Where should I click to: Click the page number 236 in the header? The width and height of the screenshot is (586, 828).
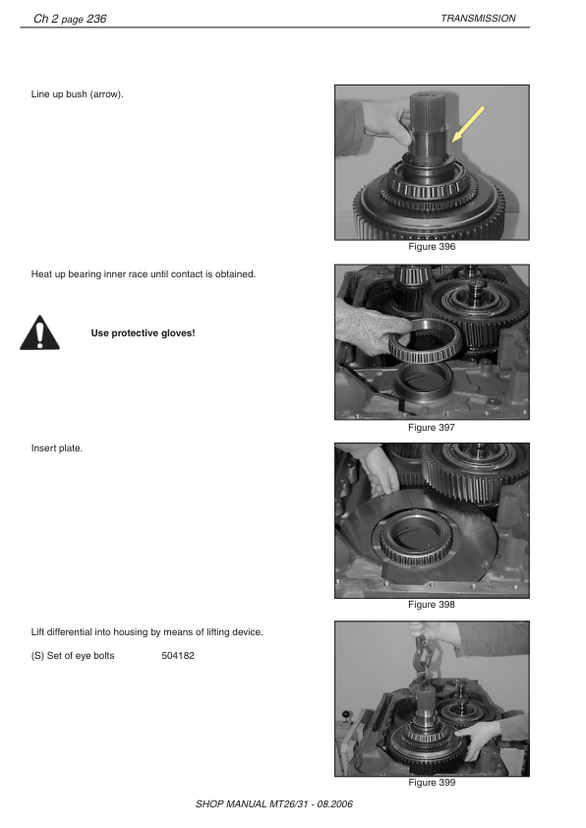point(96,18)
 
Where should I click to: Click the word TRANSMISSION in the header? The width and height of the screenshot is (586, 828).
point(478,18)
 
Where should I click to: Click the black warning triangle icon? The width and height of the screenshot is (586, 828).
point(39,333)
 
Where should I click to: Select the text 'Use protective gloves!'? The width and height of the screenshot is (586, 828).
point(143,333)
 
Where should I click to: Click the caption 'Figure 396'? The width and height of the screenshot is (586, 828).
point(432,247)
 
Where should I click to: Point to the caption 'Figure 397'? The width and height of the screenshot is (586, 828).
point(432,428)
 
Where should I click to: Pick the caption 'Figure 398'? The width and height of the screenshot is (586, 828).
point(432,605)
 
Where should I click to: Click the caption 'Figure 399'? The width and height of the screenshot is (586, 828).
point(432,783)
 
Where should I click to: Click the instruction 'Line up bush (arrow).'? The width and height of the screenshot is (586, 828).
point(78,94)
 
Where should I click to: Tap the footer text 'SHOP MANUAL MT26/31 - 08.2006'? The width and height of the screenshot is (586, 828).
point(274,803)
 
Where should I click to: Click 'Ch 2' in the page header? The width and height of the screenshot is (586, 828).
point(46,18)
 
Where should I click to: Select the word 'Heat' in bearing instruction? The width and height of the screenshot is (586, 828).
point(43,273)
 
